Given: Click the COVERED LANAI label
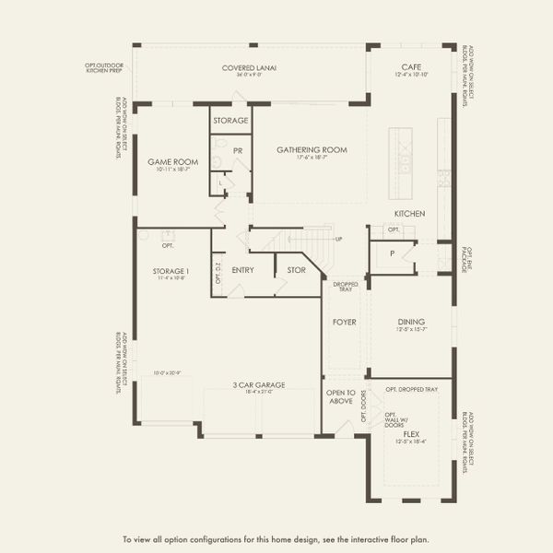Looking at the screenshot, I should tap(249, 68).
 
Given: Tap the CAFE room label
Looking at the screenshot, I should tap(411, 66).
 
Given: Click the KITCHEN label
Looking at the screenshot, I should tap(409, 214).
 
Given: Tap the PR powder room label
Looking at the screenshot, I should tap(237, 149).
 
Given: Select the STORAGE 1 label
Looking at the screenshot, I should tap(172, 271).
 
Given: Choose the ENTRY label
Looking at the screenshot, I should tap(243, 270).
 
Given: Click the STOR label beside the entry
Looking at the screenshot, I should tap(296, 270).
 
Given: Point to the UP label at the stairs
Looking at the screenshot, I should tap(338, 239).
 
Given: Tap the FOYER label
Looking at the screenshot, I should tap(345, 323).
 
